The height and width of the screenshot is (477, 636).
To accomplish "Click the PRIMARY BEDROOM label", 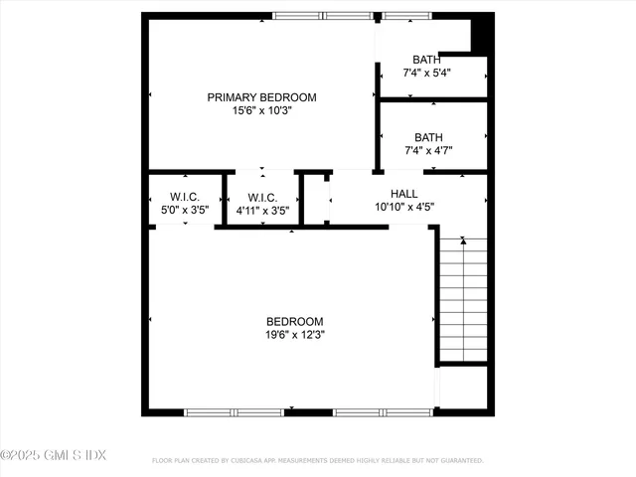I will [x=261, y=97].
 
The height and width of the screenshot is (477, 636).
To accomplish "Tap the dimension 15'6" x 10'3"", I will [x=261, y=111].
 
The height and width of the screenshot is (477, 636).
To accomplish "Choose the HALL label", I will [x=404, y=194].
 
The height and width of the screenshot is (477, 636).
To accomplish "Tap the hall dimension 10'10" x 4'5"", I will [x=404, y=208].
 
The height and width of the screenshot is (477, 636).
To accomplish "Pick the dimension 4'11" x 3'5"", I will [x=262, y=211].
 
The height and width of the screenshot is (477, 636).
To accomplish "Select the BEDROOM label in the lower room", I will [x=295, y=321].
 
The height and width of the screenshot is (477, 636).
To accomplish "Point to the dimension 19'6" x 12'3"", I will [x=295, y=335].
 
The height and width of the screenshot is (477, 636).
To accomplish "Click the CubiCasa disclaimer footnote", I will [x=317, y=461].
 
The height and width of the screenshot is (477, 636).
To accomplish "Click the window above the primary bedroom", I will [x=323, y=16].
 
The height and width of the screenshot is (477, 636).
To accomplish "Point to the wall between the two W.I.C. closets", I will [x=223, y=198].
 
